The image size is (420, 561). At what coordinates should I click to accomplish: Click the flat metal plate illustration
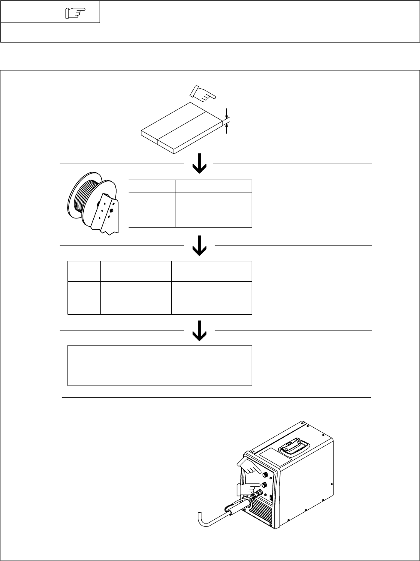(x=182, y=128)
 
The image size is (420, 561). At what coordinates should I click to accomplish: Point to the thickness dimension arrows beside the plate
(x=226, y=120)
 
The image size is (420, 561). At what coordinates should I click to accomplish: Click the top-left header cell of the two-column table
(x=152, y=186)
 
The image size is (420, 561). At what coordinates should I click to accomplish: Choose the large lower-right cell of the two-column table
(x=213, y=210)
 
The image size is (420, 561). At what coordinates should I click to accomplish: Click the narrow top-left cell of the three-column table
(x=84, y=271)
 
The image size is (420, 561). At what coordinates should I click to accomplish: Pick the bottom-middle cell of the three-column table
(x=136, y=298)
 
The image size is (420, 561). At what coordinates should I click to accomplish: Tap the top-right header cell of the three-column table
(x=212, y=271)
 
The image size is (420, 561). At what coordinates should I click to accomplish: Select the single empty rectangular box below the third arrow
(x=160, y=365)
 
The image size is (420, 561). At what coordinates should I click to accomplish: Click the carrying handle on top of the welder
(x=295, y=449)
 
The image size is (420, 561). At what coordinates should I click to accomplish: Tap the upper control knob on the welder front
(x=265, y=473)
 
